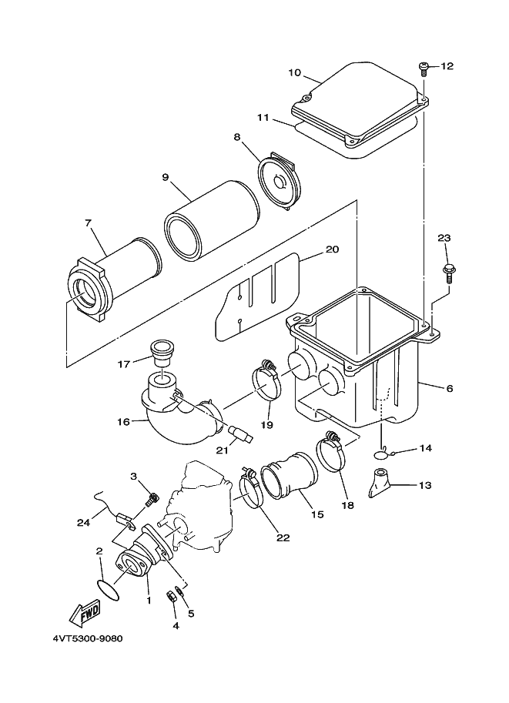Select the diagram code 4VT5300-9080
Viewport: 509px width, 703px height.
click(88, 638)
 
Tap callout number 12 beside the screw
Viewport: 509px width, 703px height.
click(447, 66)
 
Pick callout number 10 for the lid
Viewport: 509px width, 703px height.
click(294, 73)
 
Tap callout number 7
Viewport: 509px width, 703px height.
click(89, 223)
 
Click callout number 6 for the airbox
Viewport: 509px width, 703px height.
click(450, 389)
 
